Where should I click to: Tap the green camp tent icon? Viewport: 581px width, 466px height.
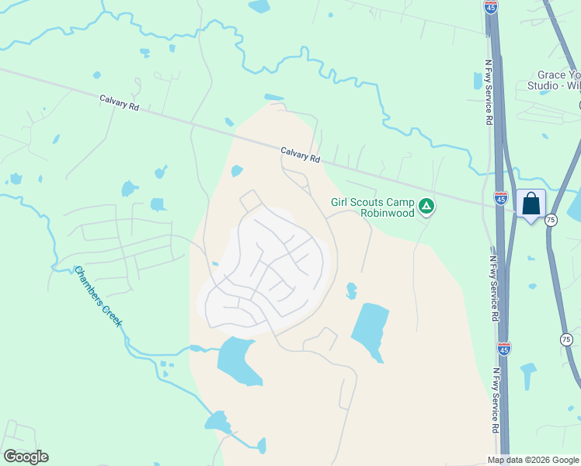click(426, 207)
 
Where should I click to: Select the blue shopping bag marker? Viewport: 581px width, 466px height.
click(531, 205)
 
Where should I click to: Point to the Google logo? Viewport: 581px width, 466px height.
click(26, 457)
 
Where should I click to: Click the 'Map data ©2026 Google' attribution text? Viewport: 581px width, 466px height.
click(533, 460)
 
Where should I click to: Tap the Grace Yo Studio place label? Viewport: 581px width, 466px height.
click(554, 80)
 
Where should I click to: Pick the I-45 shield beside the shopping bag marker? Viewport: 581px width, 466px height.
click(502, 199)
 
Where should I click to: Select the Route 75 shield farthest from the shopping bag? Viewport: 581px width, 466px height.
click(566, 339)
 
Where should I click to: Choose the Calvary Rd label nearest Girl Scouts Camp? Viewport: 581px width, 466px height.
click(300, 155)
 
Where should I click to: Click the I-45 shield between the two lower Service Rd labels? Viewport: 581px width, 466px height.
click(503, 349)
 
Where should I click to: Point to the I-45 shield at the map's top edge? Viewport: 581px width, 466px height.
click(491, 8)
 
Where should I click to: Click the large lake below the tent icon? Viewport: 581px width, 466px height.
click(370, 329)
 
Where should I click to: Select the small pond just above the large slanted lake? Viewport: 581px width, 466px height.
click(352, 290)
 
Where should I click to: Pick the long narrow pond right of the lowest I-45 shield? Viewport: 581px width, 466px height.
click(530, 377)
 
